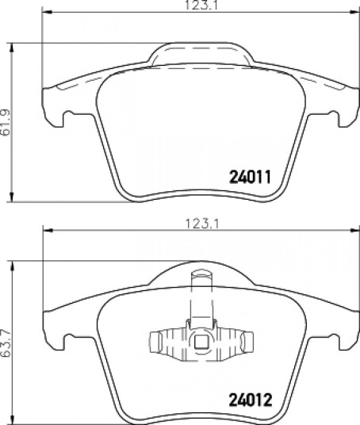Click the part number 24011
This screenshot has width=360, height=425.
pyautogui.click(x=250, y=177)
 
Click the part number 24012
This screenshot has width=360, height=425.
pyautogui.click(x=251, y=400)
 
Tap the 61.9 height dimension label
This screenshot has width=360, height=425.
pyautogui.click(x=6, y=122)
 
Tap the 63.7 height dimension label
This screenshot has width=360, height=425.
pyautogui.click(x=6, y=343)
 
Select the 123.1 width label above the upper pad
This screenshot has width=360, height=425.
pyautogui.click(x=201, y=6)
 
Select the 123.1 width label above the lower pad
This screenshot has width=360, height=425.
pyautogui.click(x=202, y=224)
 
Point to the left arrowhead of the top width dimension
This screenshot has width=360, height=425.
pyautogui.click(x=47, y=12)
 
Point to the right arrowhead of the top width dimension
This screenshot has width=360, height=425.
pyautogui.click(x=354, y=12)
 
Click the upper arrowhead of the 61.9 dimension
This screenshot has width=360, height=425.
pyautogui.click(x=11, y=48)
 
